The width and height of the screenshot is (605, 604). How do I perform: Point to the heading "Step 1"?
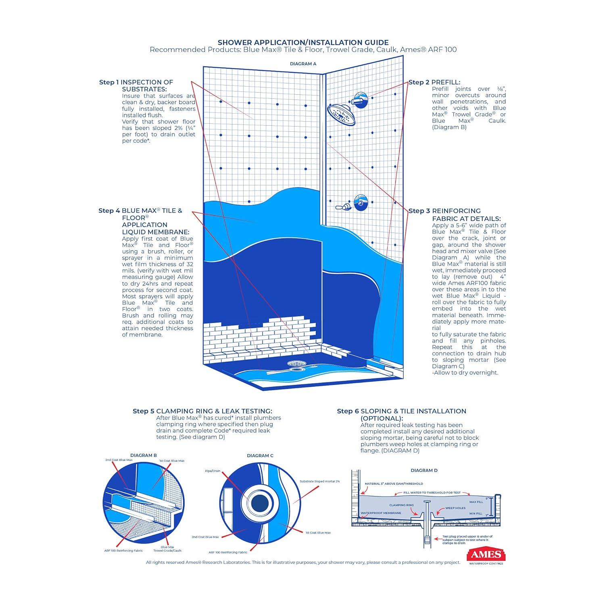[109, 82]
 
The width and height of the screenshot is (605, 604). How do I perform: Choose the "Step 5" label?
[144, 411]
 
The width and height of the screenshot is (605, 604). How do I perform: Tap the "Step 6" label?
[348, 411]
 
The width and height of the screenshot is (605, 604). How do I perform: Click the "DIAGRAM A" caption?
[303, 64]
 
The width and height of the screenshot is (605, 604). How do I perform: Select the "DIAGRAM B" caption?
[144, 455]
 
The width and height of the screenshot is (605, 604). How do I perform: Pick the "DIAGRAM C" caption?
[260, 456]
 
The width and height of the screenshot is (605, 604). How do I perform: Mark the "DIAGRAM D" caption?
[424, 470]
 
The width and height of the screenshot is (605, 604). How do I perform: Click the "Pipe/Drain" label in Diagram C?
[213, 471]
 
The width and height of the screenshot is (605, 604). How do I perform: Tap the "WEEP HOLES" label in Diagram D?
[455, 508]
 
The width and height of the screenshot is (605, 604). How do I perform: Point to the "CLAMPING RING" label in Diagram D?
[401, 505]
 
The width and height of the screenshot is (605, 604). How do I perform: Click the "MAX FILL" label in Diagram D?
[476, 502]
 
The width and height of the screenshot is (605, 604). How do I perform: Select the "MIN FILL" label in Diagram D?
[476, 514]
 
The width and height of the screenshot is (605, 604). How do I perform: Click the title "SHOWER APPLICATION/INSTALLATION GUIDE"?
[303, 42]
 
